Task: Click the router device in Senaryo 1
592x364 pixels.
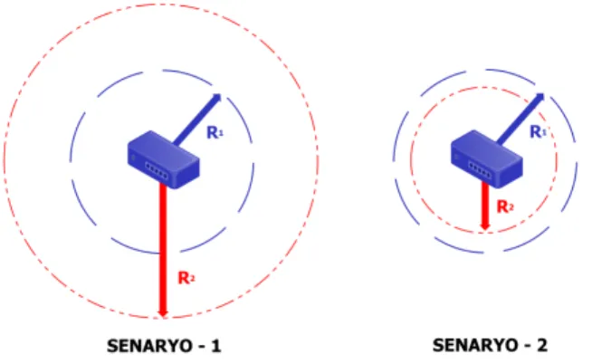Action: click(x=164, y=159)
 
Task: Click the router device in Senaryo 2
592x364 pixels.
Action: click(x=487, y=159)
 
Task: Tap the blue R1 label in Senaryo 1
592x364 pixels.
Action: click(x=215, y=132)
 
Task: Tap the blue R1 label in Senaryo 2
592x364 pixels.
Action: click(x=539, y=132)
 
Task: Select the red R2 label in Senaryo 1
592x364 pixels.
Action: click(x=186, y=278)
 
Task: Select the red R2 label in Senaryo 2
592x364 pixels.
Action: click(x=505, y=206)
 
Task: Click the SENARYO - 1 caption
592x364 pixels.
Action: click(x=164, y=346)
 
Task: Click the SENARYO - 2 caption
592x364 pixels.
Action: click(x=490, y=345)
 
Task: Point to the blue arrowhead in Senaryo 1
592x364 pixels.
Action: click(x=216, y=98)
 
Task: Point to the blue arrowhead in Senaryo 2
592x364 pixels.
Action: click(x=539, y=98)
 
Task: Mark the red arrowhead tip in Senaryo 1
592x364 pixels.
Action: click(x=163, y=317)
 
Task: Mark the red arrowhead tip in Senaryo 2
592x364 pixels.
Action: click(x=485, y=230)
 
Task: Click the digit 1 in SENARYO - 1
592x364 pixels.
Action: click(x=216, y=346)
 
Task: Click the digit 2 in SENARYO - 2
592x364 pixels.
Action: click(x=542, y=345)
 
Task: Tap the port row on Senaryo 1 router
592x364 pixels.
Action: click(x=157, y=170)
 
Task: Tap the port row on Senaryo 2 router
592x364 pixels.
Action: click(x=480, y=170)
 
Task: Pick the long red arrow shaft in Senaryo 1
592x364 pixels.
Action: click(x=163, y=248)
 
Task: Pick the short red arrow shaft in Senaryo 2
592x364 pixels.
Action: click(x=485, y=203)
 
